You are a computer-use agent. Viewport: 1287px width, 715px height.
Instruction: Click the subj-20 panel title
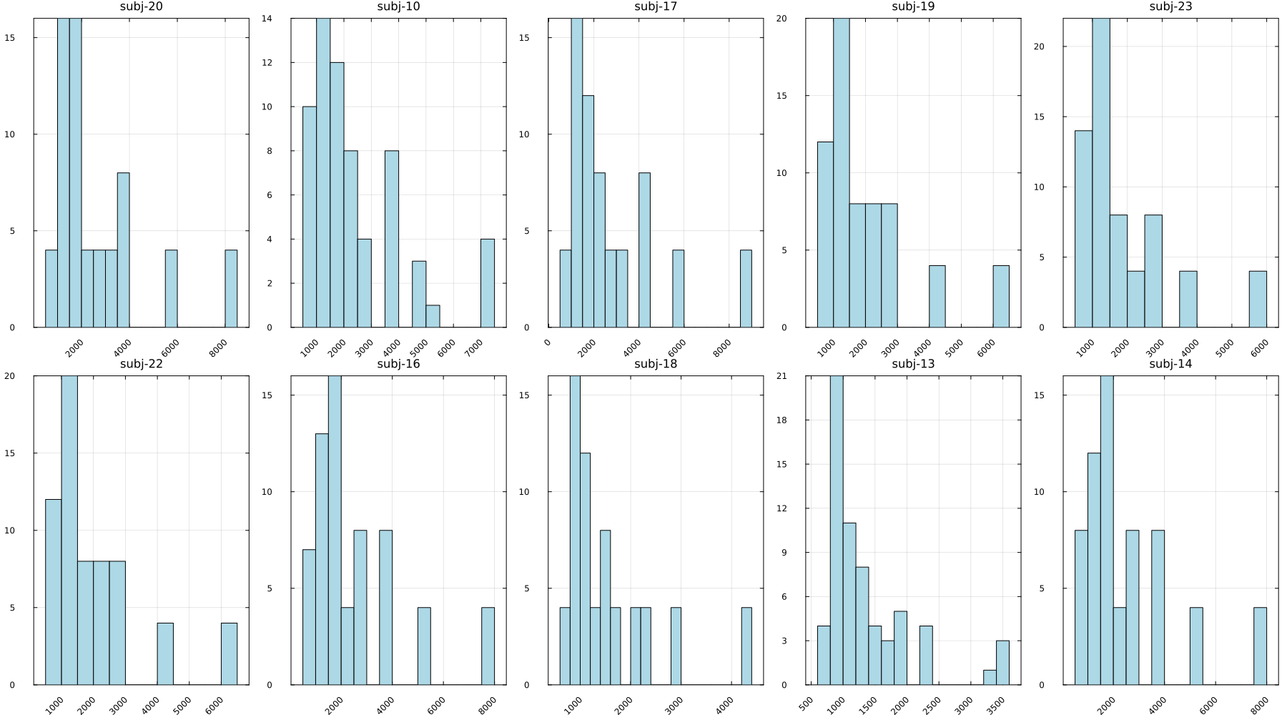click(x=141, y=7)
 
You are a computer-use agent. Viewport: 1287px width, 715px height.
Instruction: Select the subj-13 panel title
click(x=913, y=364)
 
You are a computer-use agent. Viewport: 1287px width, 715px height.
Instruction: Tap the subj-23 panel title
click(x=1170, y=7)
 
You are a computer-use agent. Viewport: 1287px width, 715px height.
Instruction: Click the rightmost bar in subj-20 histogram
click(x=231, y=289)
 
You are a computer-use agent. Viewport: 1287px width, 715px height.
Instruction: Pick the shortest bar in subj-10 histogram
click(x=433, y=317)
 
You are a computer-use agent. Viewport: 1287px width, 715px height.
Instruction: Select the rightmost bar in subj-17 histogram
click(x=746, y=289)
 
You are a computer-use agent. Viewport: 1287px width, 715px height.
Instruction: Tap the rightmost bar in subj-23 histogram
click(x=1258, y=299)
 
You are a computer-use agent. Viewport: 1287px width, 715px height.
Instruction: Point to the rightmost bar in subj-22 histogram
click(x=229, y=654)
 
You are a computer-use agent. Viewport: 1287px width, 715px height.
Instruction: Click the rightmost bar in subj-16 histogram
click(x=488, y=646)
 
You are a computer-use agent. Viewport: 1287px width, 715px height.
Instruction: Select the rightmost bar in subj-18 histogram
click(x=746, y=646)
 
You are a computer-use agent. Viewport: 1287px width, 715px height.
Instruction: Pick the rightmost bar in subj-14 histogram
click(x=1260, y=646)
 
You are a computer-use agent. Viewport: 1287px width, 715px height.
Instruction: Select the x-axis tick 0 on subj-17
click(x=548, y=343)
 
